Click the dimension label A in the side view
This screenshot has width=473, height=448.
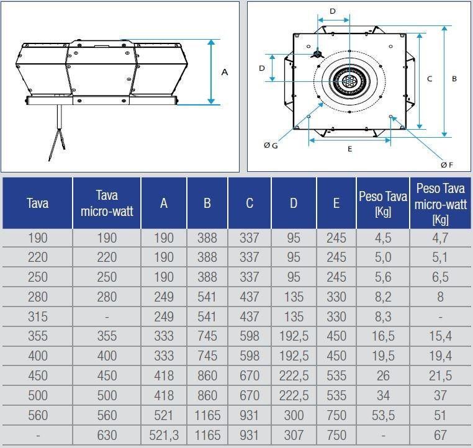(225, 72)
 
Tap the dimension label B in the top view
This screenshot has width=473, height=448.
(454, 79)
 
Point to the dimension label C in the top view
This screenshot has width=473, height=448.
(430, 79)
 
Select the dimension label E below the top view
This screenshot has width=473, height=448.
(349, 148)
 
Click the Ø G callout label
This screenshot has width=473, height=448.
(271, 145)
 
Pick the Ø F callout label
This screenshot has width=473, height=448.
(447, 164)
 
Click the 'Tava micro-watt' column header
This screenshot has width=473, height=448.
(107, 203)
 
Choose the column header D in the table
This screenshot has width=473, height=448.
(293, 204)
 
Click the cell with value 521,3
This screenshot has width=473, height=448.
(164, 436)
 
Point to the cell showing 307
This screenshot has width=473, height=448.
(293, 436)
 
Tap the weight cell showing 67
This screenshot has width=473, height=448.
(440, 436)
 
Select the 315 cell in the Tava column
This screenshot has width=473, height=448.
(37, 317)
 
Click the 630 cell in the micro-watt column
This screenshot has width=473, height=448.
(107, 436)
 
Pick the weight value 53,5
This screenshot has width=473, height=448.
(382, 416)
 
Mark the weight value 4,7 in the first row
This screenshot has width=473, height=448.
(440, 238)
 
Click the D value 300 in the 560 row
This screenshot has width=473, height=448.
(293, 416)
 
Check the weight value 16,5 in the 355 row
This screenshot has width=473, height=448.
(382, 337)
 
